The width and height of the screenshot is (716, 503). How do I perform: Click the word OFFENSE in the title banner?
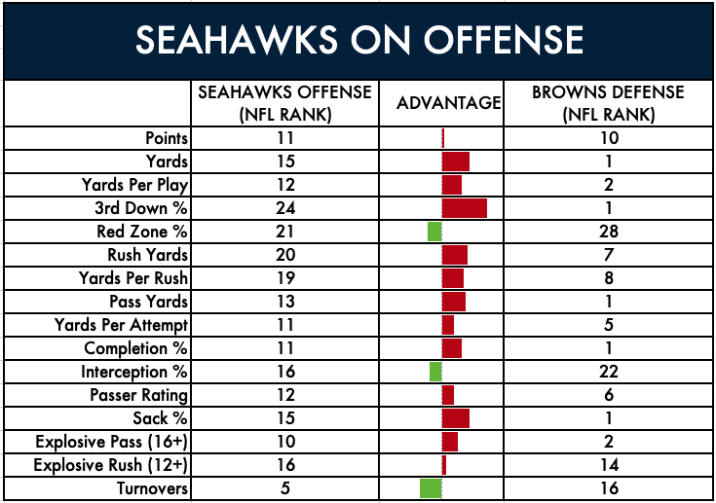[x=504, y=40]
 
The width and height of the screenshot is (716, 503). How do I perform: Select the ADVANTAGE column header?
[x=448, y=103]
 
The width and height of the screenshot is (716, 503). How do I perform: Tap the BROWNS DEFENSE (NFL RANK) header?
[x=608, y=103]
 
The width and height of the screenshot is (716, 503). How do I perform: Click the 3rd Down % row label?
[x=141, y=208]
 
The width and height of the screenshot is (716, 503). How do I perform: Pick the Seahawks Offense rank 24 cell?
[x=285, y=208]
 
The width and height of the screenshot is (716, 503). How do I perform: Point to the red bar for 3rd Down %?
[x=465, y=208]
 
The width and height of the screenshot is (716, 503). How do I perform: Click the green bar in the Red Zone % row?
[x=434, y=232]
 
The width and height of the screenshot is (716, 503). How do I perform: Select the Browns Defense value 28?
[x=609, y=232]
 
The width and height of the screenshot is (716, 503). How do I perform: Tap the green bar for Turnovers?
[x=431, y=488]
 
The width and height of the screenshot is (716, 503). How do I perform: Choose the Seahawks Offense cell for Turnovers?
[x=284, y=488]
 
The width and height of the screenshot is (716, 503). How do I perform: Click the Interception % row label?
[x=134, y=372]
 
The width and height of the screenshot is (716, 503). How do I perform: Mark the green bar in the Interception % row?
[x=435, y=372]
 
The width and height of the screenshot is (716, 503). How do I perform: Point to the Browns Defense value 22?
[x=609, y=372]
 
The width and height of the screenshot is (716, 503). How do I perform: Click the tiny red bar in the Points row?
[x=443, y=138]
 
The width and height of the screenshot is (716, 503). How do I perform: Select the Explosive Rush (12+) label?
[x=110, y=465]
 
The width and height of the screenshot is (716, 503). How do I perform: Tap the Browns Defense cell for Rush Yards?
[x=609, y=255]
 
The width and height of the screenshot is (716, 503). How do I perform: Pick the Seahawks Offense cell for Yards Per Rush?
[x=285, y=278]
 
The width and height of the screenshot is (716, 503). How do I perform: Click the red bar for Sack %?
[x=456, y=418]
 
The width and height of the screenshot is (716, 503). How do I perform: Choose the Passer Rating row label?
[x=138, y=395]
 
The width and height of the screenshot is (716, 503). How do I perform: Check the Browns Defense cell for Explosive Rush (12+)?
[x=609, y=465]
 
